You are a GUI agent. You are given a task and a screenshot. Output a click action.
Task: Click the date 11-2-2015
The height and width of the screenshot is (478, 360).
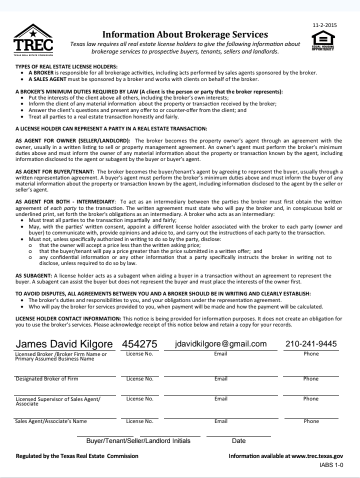324,24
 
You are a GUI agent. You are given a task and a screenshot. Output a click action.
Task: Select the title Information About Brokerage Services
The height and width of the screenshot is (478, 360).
185,34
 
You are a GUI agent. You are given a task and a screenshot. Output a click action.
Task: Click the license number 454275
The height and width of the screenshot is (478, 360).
139,344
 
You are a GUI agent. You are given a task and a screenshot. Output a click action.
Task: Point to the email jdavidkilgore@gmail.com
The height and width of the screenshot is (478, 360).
220,344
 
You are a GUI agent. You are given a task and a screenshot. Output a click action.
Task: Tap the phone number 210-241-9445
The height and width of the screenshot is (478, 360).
311,344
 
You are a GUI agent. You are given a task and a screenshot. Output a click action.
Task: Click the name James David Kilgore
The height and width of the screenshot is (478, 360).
63,344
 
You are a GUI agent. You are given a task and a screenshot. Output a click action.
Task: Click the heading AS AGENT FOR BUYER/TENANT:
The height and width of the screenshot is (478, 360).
56,171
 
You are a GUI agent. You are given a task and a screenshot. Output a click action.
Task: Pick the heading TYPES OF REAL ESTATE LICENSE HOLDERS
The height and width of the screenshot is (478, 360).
66,66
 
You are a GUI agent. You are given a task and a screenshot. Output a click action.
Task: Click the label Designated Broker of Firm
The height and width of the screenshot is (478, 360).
47,379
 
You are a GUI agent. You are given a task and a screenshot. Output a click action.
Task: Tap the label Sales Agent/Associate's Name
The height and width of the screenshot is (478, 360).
51,421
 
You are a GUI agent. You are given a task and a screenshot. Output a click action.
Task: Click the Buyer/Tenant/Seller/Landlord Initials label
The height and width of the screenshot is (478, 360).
138,441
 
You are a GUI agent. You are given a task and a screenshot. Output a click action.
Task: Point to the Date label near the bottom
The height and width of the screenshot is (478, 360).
239,441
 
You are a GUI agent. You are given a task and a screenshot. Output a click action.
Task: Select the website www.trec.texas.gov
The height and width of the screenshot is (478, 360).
317,456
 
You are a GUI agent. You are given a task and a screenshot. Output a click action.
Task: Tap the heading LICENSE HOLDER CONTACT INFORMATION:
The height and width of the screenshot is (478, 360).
68,318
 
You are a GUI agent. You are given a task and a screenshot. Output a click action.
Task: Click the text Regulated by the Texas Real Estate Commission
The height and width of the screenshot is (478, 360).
77,456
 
